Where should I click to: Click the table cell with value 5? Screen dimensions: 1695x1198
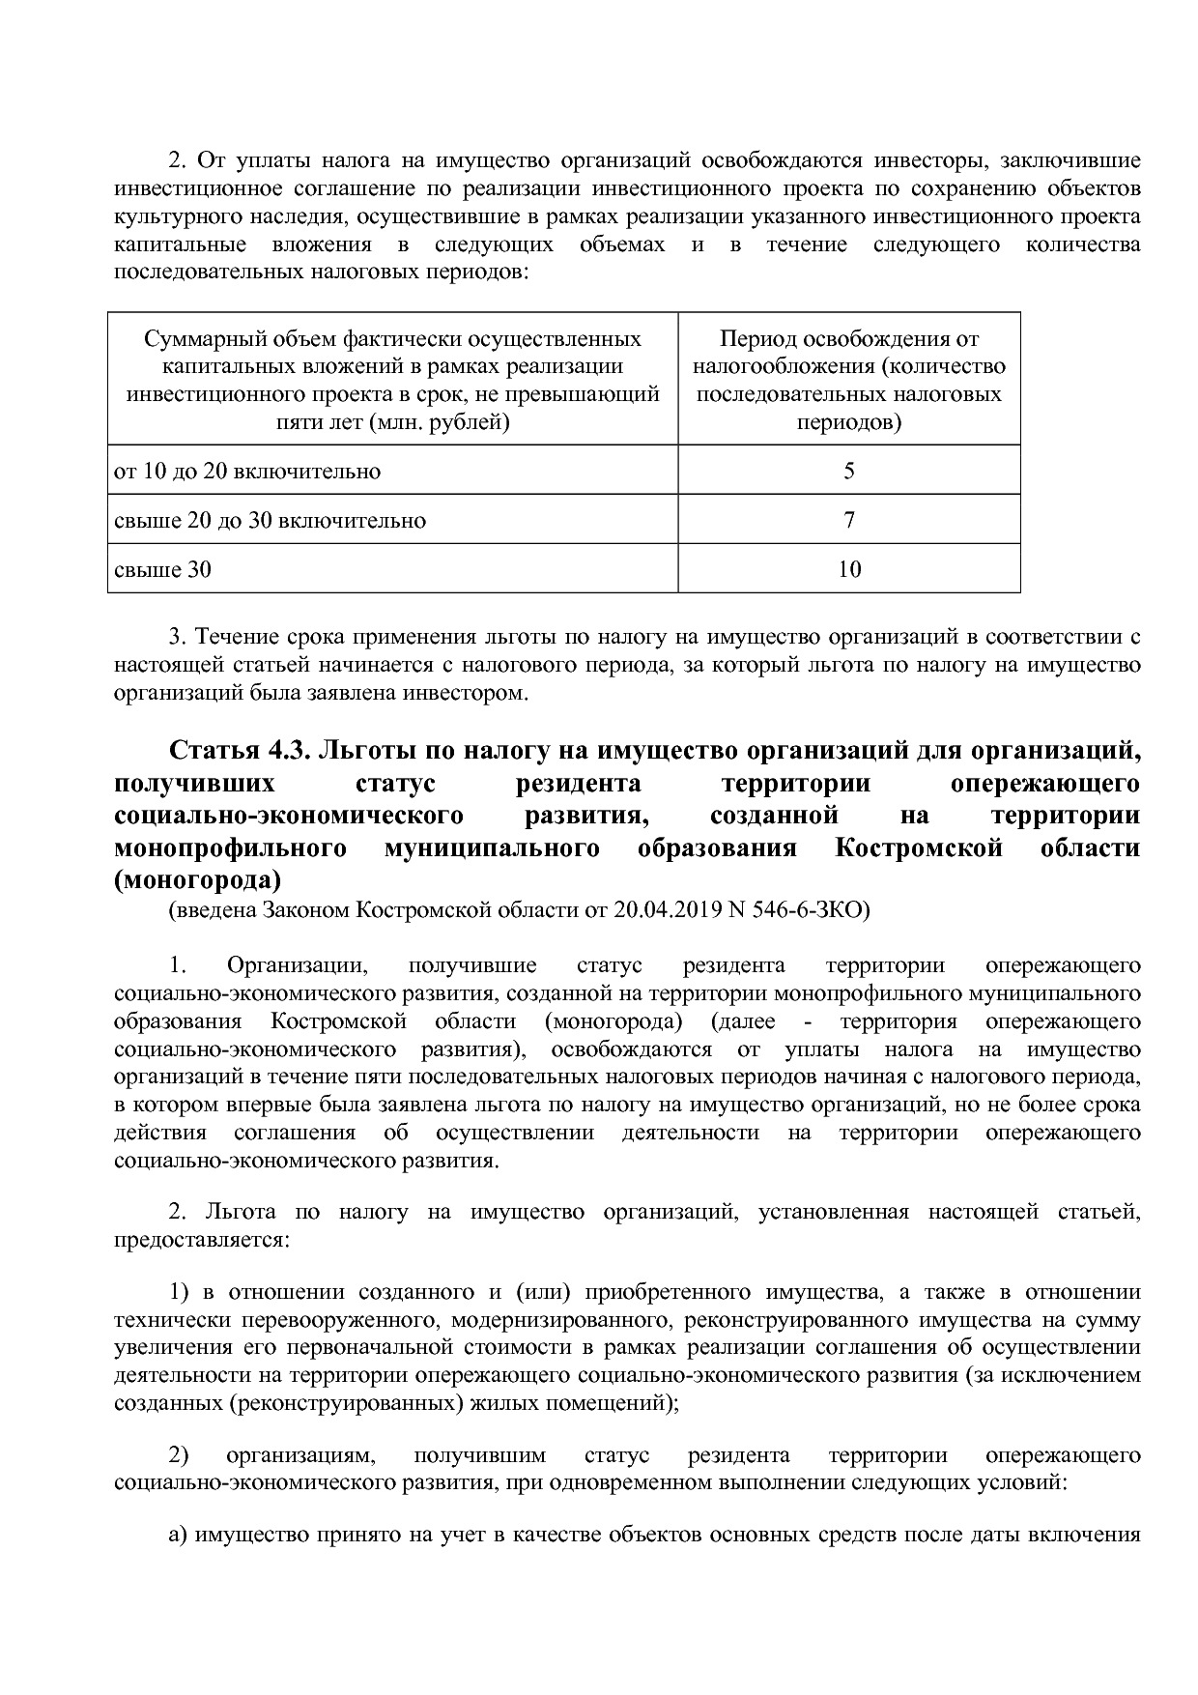pyautogui.click(x=848, y=471)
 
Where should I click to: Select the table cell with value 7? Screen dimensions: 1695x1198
pyautogui.click(x=848, y=520)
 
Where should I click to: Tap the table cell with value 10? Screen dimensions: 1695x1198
pyautogui.click(x=848, y=569)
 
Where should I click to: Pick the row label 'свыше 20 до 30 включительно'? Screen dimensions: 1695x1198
pyautogui.click(x=270, y=520)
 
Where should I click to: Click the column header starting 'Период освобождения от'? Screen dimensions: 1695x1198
pyautogui.click(x=848, y=339)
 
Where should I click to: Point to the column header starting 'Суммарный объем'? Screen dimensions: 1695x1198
pyautogui.click(x=392, y=339)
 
